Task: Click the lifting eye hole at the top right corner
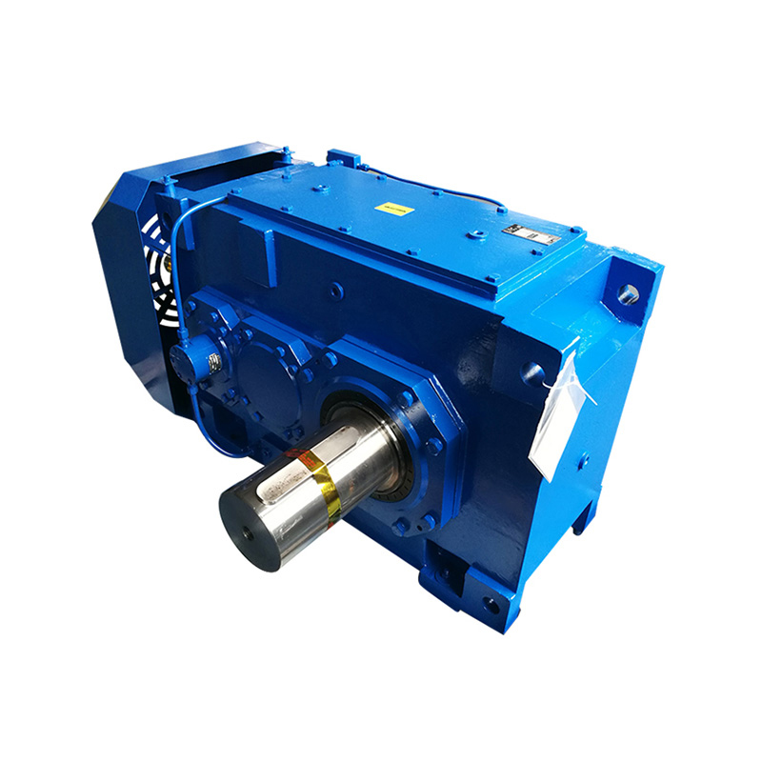629,293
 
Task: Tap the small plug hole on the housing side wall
335,290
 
